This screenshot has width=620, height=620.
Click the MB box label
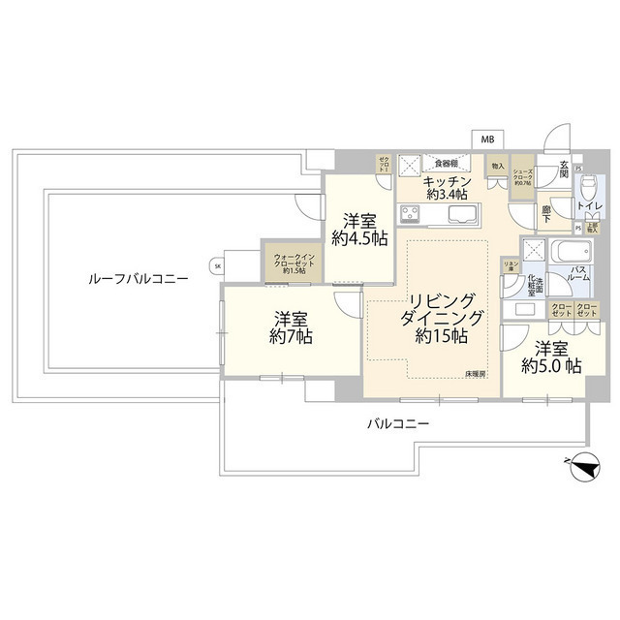point(486,139)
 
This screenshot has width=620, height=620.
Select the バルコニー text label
point(397,423)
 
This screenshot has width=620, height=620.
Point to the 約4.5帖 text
point(358,238)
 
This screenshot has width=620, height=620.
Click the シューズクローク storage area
point(522,177)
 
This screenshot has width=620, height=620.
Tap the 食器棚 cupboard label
point(446,163)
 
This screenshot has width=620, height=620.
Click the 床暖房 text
point(475,373)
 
